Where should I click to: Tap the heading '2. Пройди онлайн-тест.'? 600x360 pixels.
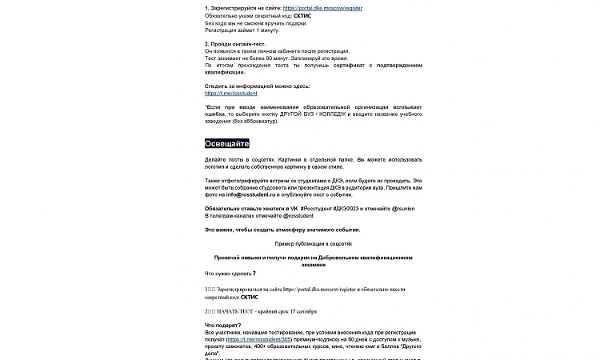(235, 43)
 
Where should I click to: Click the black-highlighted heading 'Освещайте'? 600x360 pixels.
(227, 143)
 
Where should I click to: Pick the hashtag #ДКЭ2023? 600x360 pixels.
(356, 208)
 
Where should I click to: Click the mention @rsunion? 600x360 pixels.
(407, 208)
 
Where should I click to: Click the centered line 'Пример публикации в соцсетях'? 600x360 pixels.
(313, 243)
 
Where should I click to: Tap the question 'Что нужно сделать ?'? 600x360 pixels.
(230, 273)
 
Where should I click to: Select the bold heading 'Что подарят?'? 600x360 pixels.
(222, 325)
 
